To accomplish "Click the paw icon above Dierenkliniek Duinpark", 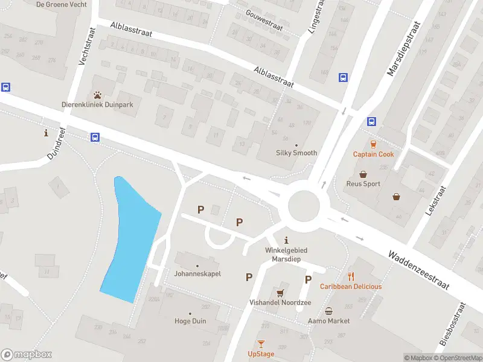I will (x=97, y=95).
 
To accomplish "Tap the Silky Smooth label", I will (x=296, y=153).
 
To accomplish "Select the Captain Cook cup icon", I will (x=373, y=144).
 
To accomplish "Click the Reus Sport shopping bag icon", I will (x=363, y=174).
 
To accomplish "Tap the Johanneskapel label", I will (x=197, y=273).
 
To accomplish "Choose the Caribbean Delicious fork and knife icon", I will (x=351, y=276).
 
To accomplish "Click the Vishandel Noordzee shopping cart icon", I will (x=280, y=293).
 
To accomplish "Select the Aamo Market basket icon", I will (x=328, y=311).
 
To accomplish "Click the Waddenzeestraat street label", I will (x=419, y=271).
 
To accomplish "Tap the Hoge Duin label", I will (x=190, y=321).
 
